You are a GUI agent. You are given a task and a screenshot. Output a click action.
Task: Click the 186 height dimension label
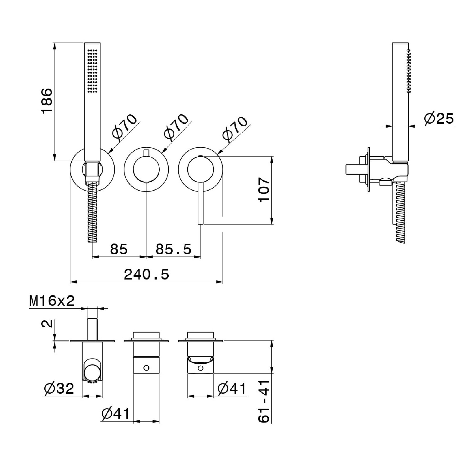point(47,101)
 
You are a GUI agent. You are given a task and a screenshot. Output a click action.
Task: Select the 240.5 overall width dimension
point(146,274)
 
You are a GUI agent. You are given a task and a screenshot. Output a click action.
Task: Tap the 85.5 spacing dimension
point(173,249)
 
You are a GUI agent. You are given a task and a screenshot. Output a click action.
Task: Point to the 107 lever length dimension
point(264,190)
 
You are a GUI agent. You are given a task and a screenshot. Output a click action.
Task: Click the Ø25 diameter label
point(439,118)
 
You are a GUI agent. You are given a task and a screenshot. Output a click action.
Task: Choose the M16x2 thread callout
point(52,301)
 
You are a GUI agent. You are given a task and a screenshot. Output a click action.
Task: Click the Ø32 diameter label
point(59,388)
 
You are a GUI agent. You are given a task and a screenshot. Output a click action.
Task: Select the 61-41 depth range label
point(264,402)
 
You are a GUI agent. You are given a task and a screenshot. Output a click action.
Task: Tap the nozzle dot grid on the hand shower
point(92,71)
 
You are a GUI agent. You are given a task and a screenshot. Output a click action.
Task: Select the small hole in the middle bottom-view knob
point(146,368)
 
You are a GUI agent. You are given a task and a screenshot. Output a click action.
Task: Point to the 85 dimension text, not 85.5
point(119,249)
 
